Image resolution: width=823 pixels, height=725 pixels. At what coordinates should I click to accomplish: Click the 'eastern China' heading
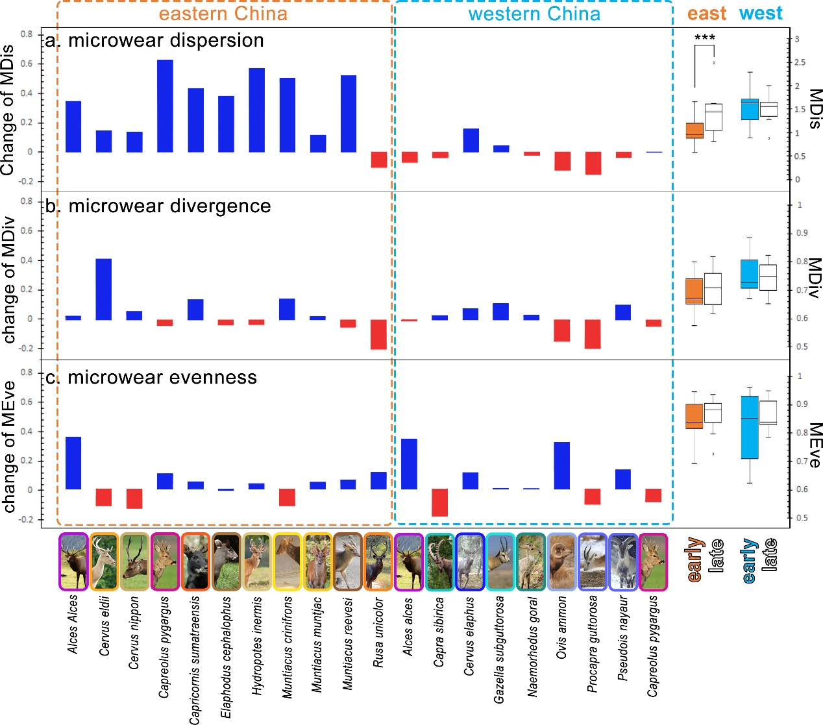[223, 14]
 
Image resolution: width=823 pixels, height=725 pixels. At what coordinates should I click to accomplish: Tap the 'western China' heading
[534, 14]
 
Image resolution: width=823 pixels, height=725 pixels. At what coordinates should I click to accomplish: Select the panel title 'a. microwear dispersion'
[155, 40]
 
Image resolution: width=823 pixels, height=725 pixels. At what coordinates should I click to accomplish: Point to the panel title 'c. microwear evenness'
[152, 377]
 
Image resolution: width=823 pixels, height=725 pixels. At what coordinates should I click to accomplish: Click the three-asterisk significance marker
[705, 38]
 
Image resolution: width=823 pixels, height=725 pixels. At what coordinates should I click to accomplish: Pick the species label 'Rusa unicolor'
[378, 632]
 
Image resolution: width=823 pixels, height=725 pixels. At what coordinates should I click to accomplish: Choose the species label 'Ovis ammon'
[562, 628]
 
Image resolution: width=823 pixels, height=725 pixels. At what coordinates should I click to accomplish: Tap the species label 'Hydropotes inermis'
[257, 646]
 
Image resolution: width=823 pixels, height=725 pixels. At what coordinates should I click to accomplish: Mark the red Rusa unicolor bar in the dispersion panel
[379, 160]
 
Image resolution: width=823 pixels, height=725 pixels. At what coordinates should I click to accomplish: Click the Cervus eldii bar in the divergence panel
[104, 289]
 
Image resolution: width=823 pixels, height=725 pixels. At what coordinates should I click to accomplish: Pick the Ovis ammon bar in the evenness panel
[562, 465]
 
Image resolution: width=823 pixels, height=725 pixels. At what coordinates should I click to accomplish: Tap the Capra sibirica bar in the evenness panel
[440, 502]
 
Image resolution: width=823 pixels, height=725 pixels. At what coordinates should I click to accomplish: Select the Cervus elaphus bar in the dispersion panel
[471, 140]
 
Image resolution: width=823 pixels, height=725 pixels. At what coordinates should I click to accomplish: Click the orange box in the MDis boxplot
[694, 130]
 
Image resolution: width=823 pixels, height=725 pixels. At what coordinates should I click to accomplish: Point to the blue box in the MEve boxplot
[750, 427]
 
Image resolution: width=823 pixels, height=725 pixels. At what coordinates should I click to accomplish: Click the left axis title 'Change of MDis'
[8, 110]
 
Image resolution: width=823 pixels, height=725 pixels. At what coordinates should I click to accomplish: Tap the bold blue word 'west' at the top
[761, 14]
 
